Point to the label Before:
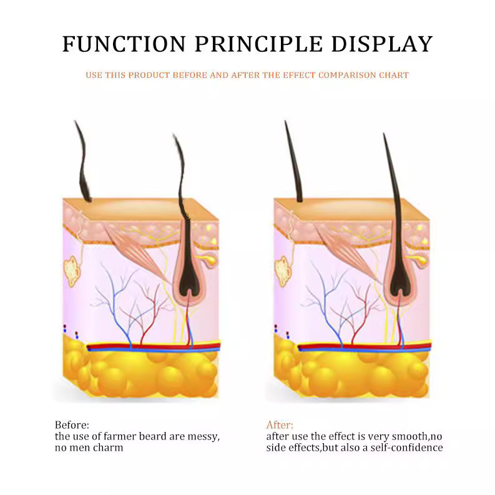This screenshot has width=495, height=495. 72,425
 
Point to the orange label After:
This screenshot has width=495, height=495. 280,425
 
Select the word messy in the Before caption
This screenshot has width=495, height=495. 203,436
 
